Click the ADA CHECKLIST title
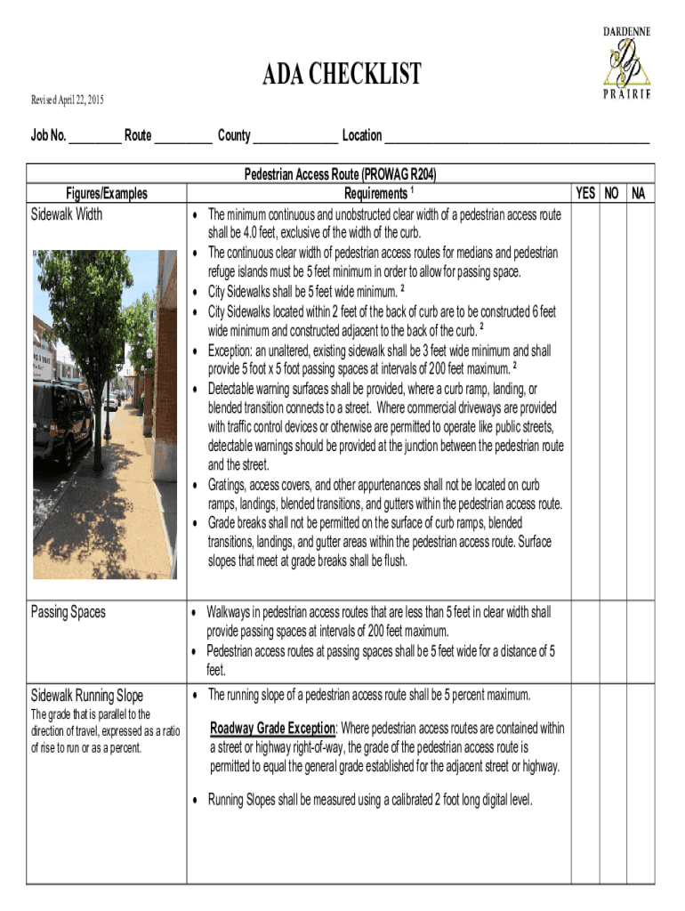pyautogui.click(x=341, y=75)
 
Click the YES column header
pyautogui.click(x=586, y=193)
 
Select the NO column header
pyautogui.click(x=612, y=193)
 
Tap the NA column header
pyautogui.click(x=639, y=193)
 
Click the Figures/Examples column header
pyautogui.click(x=106, y=194)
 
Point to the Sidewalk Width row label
pyautogui.click(x=67, y=214)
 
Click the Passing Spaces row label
pyautogui.click(x=68, y=612)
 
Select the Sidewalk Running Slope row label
pyautogui.click(x=87, y=695)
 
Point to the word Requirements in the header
pyautogui.click(x=375, y=194)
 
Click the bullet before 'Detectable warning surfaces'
pyautogui.click(x=195, y=390)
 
